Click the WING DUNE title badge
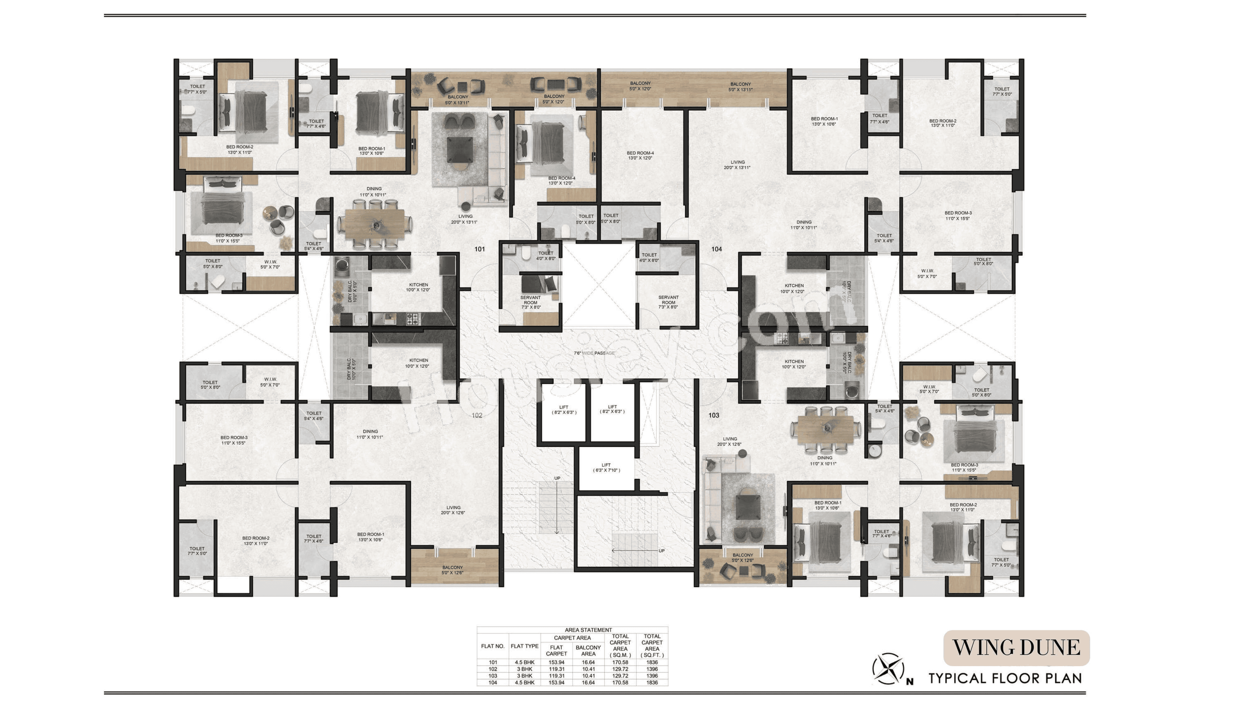(1016, 648)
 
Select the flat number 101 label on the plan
(480, 249)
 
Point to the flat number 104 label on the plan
(717, 249)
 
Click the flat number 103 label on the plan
(714, 415)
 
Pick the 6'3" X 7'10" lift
(606, 468)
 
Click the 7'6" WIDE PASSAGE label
(594, 353)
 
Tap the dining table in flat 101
(375, 224)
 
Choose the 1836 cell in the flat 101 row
(652, 662)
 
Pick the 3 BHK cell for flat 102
(524, 669)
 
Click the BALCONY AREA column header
(588, 650)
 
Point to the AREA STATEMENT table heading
(588, 630)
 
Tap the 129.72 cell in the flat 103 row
(620, 676)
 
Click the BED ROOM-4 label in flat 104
(640, 155)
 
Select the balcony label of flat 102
(452, 570)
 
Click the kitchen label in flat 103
(794, 364)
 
